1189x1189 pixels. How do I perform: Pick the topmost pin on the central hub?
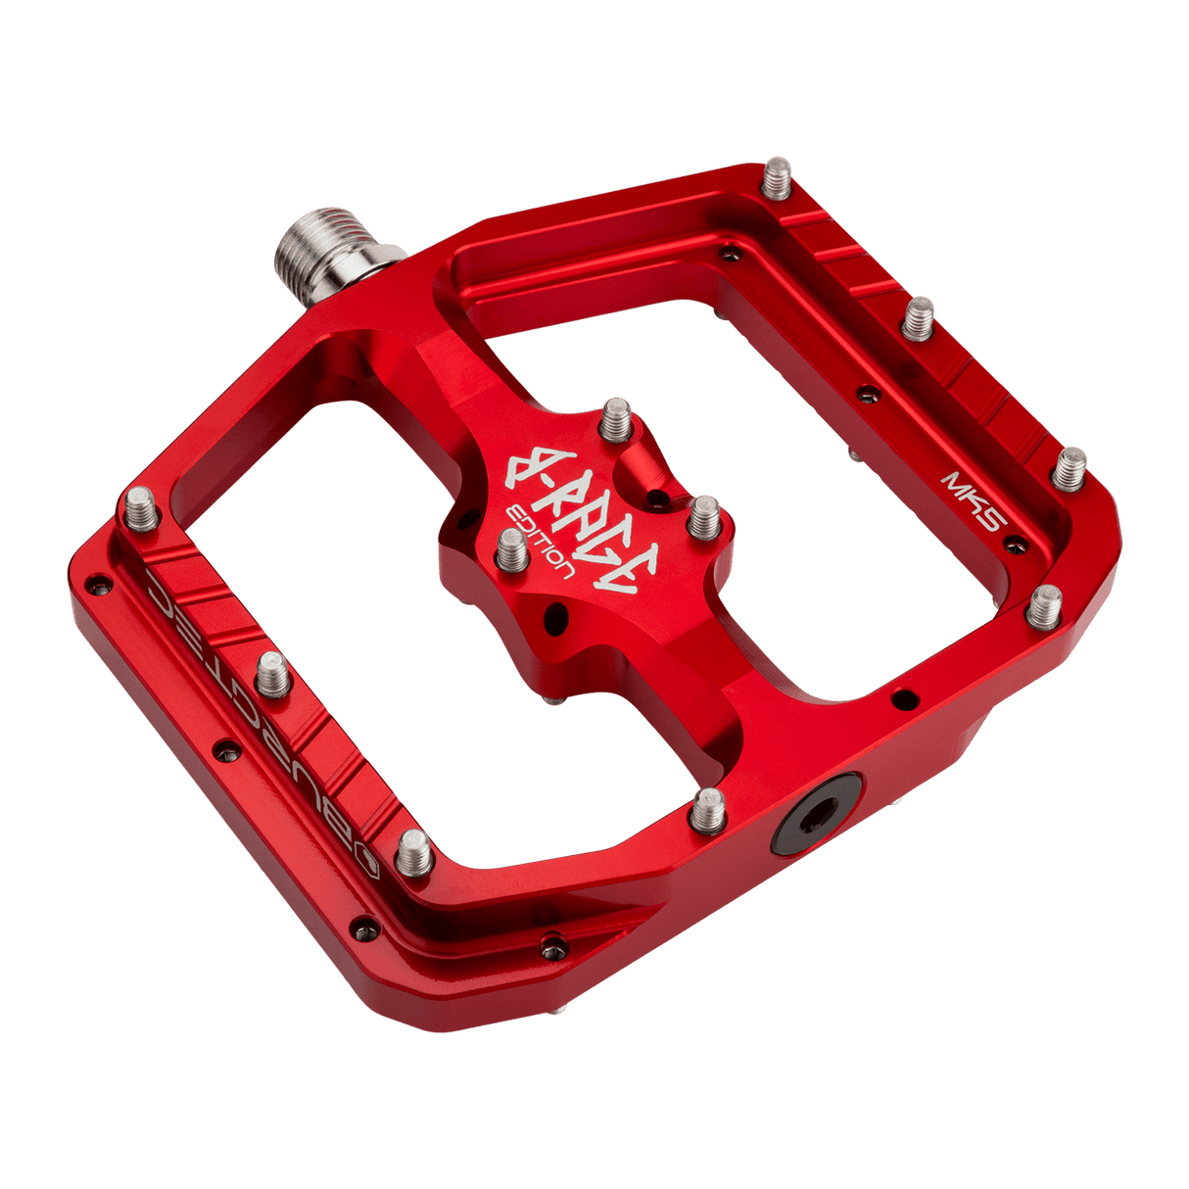(616, 418)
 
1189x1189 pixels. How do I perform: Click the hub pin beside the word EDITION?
(511, 550)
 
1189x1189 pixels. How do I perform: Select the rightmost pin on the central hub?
(703, 515)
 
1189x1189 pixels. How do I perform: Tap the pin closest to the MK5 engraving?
(1070, 467)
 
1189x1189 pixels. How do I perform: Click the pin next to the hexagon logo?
(414, 851)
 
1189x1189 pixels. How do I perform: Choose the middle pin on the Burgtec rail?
(273, 675)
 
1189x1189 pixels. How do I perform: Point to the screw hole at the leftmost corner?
(96, 585)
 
